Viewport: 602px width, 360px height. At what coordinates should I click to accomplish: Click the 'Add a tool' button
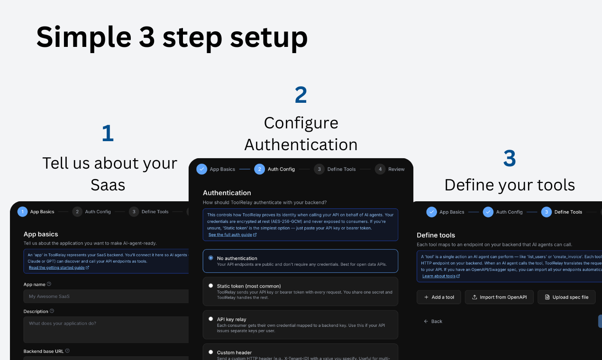(439, 297)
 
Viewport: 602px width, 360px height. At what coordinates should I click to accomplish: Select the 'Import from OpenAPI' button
(499, 297)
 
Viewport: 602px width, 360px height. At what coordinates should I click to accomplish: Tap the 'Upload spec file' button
(566, 297)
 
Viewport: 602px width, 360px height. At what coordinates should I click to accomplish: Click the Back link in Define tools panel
(433, 321)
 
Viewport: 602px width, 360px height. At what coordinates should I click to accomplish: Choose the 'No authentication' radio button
(211, 258)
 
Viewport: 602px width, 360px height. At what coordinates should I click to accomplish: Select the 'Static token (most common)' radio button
(211, 286)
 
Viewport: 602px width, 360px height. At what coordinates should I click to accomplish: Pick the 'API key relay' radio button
(211, 319)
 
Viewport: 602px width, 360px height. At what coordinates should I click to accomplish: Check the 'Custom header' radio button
(211, 352)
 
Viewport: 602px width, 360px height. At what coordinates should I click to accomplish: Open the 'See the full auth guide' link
(232, 234)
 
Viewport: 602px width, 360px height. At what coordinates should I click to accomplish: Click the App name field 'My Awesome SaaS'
(104, 296)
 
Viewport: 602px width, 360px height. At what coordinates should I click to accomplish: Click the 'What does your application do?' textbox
(104, 329)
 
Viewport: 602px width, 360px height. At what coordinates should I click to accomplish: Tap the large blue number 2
(301, 95)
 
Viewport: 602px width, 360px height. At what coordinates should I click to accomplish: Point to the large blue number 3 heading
(509, 159)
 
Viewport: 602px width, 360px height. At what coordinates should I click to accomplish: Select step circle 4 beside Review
(380, 169)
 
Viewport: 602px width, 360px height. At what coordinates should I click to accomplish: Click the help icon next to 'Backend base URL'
(67, 351)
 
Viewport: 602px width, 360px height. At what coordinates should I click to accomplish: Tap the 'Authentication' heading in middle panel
(227, 193)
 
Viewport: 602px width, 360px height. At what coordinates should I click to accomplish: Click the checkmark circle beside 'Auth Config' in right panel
(488, 212)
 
